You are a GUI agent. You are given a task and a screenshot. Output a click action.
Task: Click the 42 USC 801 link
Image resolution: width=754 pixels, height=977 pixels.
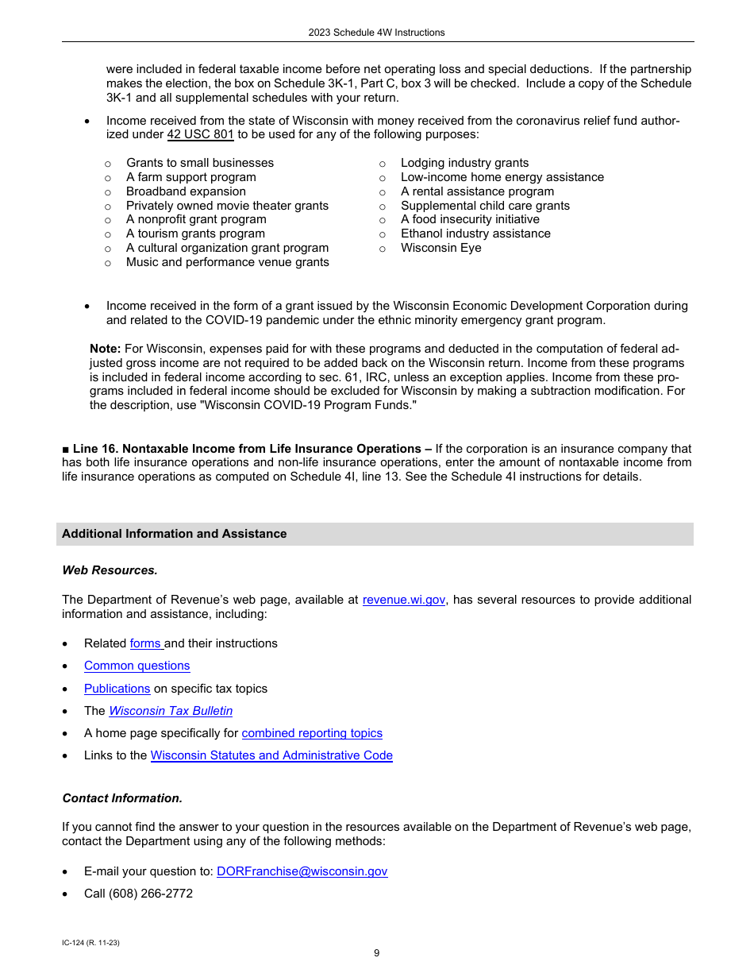click(x=200, y=135)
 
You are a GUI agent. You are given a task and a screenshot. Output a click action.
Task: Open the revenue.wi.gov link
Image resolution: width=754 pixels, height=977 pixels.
click(x=403, y=600)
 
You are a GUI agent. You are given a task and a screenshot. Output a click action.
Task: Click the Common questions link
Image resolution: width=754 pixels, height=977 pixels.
click(x=137, y=666)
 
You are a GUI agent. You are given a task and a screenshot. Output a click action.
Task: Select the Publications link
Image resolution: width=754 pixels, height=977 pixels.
click(x=117, y=689)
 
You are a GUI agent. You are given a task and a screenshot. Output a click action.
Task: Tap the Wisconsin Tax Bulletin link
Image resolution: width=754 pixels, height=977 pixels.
click(x=171, y=711)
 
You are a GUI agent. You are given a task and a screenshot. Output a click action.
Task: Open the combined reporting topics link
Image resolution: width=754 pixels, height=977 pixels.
click(x=312, y=733)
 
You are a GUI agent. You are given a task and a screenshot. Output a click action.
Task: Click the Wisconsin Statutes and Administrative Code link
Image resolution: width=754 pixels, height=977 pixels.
click(x=271, y=755)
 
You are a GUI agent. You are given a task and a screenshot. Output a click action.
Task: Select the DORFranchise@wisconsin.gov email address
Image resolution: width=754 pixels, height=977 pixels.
click(x=302, y=871)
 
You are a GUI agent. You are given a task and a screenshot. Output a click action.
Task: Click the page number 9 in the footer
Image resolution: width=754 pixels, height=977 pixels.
click(x=376, y=953)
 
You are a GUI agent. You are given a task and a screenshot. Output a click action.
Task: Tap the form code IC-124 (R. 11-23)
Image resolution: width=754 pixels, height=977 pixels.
click(x=90, y=943)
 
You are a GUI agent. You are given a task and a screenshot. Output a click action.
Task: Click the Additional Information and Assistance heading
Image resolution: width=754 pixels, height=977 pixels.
click(x=175, y=534)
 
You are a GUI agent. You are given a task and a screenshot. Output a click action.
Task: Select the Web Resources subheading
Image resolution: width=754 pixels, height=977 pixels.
click(x=110, y=570)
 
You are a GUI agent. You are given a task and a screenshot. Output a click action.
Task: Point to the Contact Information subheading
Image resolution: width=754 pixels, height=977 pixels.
click(x=122, y=798)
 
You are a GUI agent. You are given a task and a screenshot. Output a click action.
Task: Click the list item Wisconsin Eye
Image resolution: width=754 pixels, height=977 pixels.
click(x=440, y=248)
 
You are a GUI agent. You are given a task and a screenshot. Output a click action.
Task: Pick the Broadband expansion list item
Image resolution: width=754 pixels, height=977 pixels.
click(x=186, y=191)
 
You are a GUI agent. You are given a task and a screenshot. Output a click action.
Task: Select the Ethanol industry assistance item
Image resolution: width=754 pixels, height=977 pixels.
click(x=475, y=234)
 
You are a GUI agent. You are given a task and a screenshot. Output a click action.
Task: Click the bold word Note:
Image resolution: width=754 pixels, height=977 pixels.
click(x=105, y=349)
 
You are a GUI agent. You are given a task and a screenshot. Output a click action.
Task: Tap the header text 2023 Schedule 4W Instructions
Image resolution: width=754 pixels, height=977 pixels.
click(x=376, y=33)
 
